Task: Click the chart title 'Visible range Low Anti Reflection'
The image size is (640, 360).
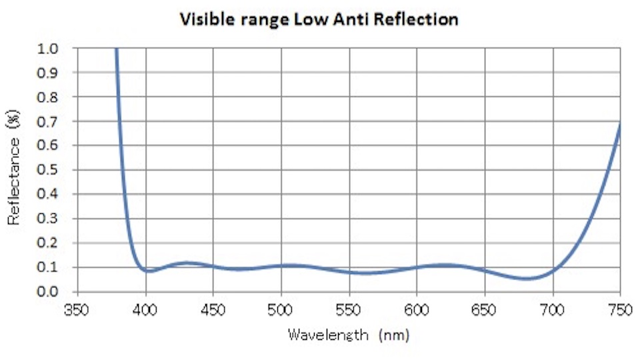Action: pos(318,19)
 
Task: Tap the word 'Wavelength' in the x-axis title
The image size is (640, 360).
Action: pos(327,334)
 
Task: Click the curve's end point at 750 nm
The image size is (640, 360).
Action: pos(620,123)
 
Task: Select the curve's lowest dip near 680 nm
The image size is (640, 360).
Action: pos(526,279)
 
